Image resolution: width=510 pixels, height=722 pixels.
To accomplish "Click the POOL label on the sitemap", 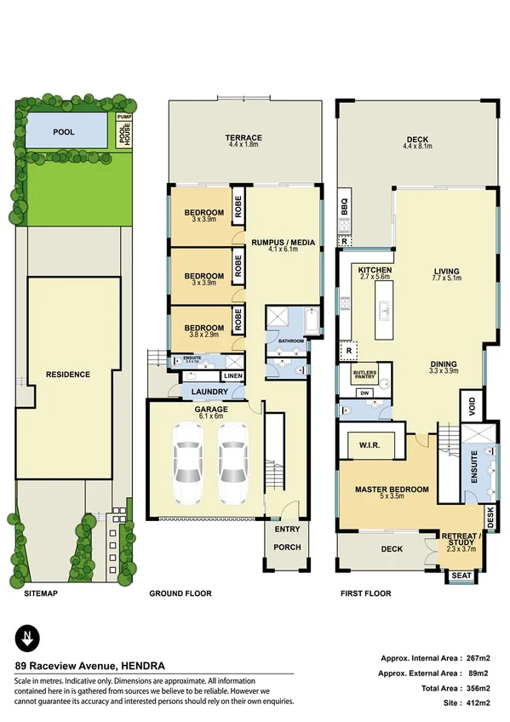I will point(64,133).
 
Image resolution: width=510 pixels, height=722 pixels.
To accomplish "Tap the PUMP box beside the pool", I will point(124,117).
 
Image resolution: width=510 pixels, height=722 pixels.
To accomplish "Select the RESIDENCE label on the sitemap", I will point(68,374).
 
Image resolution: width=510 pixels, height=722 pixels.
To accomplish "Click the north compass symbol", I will point(30,637).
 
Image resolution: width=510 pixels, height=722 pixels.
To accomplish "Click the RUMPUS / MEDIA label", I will point(283,243).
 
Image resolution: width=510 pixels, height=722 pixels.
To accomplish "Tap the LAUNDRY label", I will point(209,392).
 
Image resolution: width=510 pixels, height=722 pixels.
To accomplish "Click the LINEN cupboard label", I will point(232,375).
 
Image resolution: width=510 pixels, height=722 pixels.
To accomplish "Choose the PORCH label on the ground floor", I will point(287,547).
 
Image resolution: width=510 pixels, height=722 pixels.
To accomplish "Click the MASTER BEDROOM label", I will point(391,489).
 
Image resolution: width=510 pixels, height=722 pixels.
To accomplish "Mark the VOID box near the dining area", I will point(469,406).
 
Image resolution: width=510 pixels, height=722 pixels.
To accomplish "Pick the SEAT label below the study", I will point(461,576).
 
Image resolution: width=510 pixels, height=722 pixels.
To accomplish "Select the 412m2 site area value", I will point(478,702).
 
